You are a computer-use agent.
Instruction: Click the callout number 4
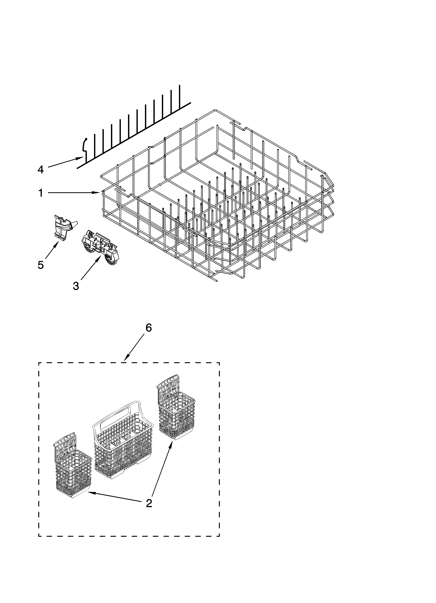(x=40, y=169)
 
